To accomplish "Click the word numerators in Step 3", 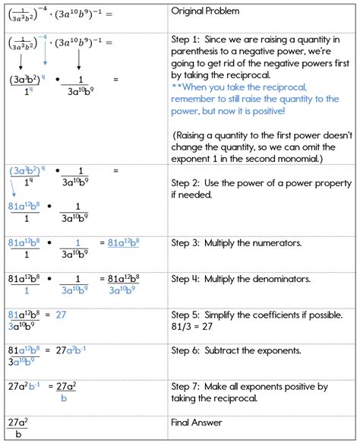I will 295,242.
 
